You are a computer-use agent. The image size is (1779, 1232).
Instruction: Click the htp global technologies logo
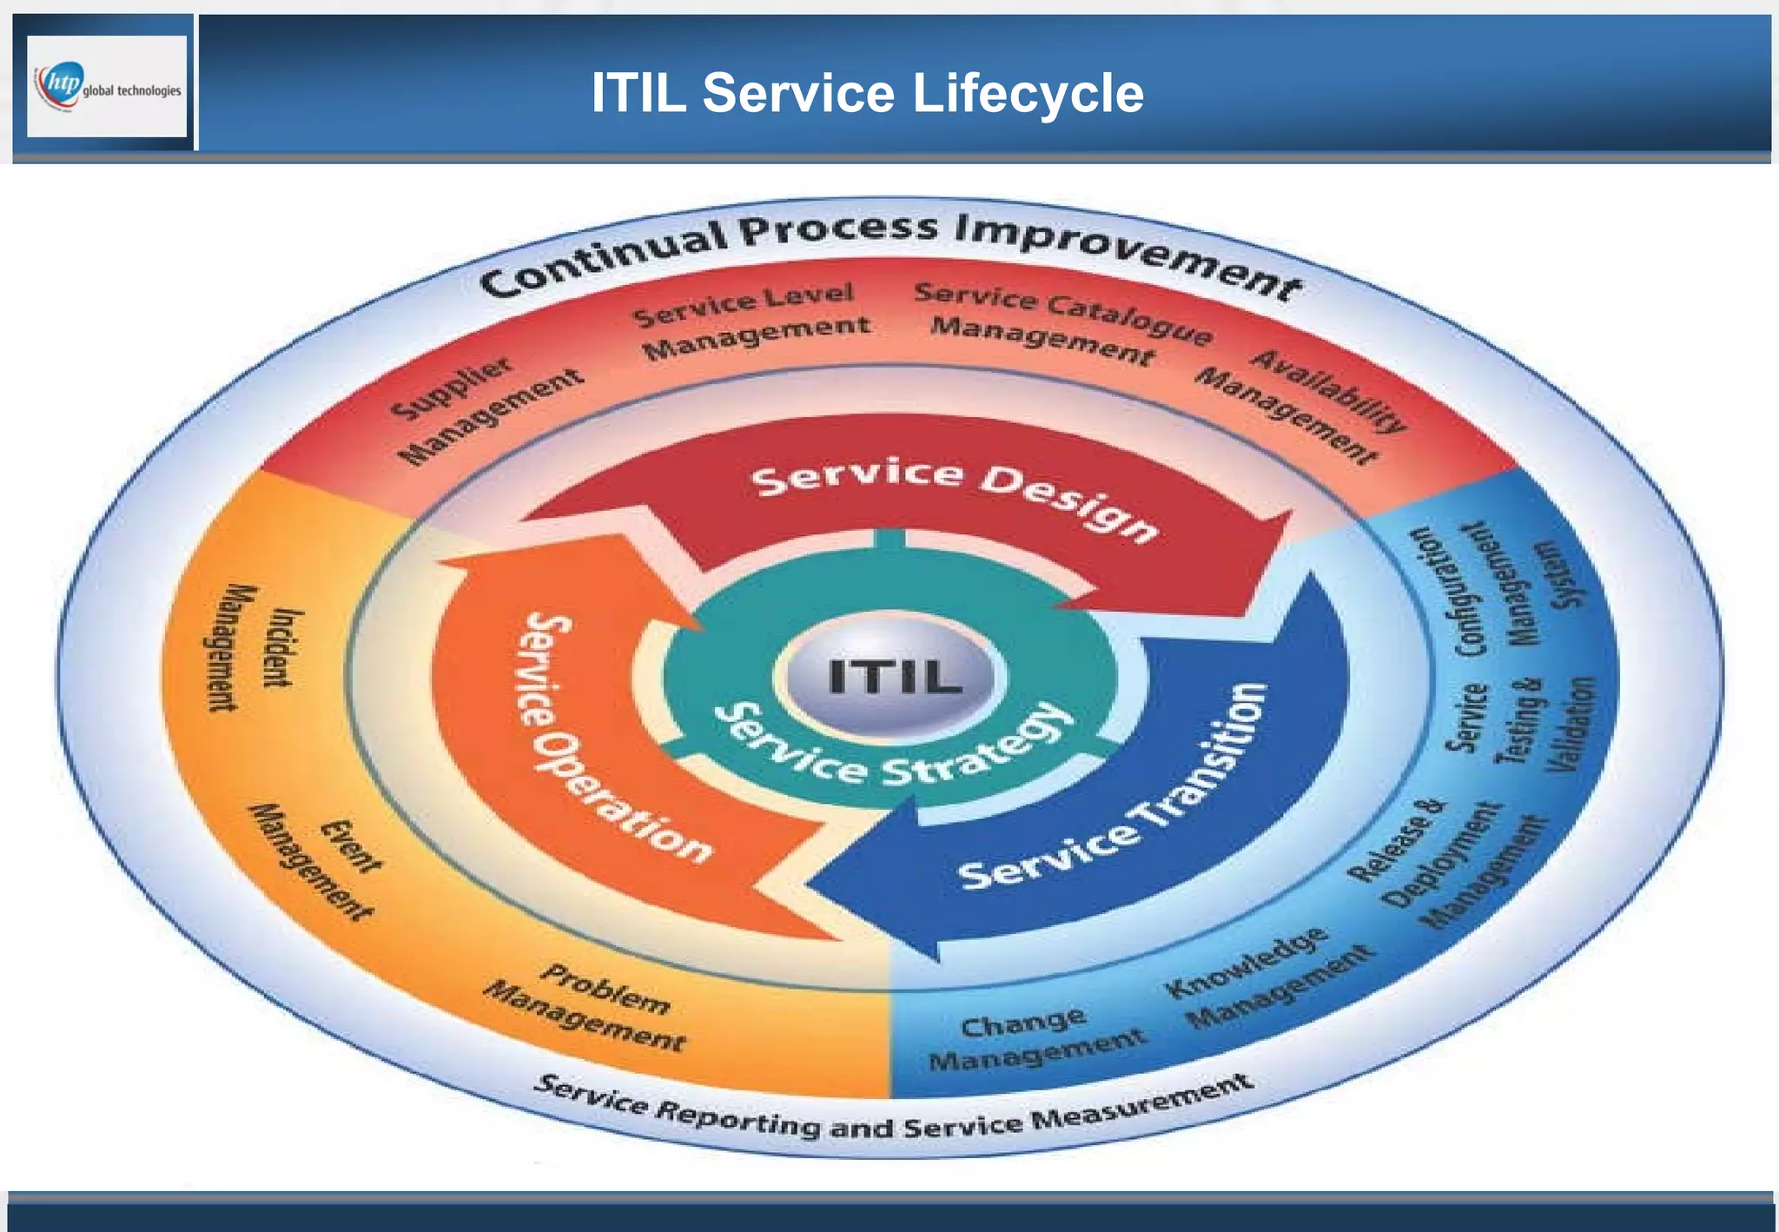pos(107,86)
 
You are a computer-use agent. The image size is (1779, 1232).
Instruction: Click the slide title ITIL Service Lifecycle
pos(867,93)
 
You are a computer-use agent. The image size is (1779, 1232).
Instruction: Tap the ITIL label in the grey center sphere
pos(896,676)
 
